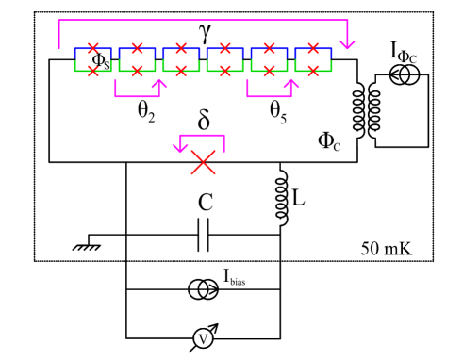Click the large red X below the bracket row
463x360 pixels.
(203, 162)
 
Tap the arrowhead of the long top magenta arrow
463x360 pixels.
(347, 44)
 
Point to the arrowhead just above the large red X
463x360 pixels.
(180, 147)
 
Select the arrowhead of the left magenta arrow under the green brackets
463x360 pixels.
(159, 84)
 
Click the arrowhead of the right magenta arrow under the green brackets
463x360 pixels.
(291, 84)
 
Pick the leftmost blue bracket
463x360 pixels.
(93, 49)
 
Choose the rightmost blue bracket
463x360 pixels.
(313, 49)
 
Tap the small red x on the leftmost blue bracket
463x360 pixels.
(93, 47)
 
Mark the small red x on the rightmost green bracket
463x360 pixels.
(313, 71)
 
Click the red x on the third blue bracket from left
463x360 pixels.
(181, 47)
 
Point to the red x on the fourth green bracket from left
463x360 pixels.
(225, 71)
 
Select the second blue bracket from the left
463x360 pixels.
(138, 49)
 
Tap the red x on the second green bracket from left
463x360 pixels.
(138, 71)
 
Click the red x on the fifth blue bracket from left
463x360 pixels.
(269, 47)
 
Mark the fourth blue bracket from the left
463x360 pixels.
(225, 49)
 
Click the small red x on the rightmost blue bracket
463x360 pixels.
(313, 47)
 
